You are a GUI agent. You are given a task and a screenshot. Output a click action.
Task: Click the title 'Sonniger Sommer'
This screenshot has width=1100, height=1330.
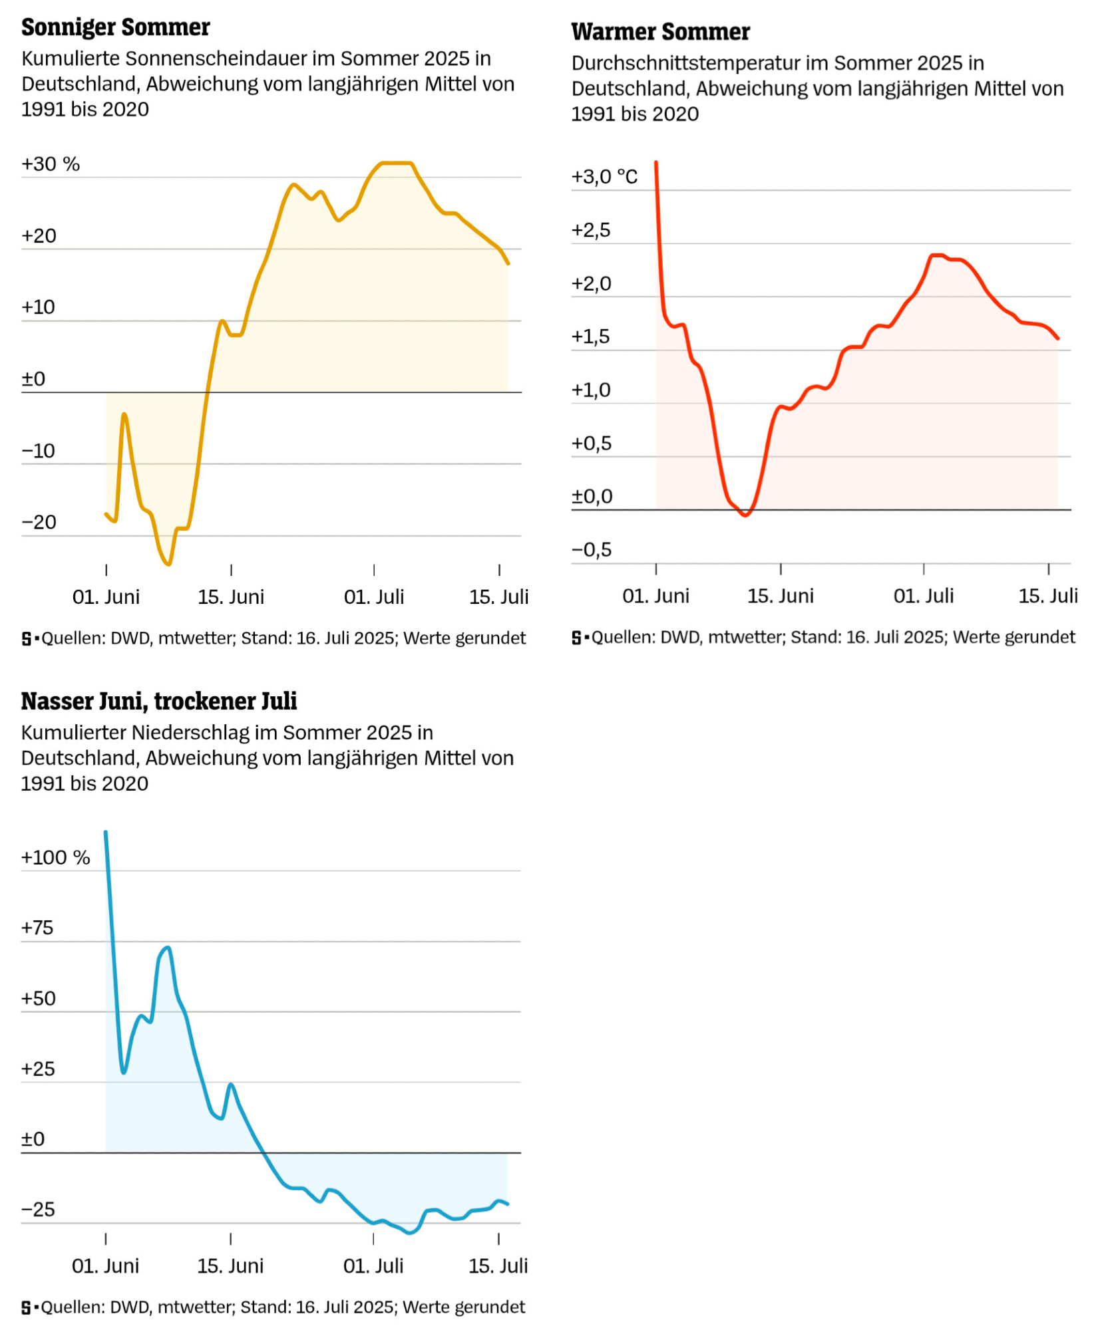[115, 27]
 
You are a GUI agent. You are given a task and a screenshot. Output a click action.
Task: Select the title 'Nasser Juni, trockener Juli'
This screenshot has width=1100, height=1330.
[158, 701]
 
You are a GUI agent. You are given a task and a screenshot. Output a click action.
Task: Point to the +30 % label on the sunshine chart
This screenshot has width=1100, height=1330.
[50, 164]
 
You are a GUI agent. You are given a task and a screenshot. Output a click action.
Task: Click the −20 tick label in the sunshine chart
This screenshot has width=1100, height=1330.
[39, 522]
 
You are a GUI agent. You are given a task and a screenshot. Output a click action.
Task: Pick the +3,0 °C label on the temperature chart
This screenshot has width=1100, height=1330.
[604, 176]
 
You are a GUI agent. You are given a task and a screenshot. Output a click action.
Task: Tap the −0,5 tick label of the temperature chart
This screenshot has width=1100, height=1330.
[591, 549]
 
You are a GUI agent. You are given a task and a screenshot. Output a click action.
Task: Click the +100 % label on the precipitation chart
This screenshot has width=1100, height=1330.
[55, 857]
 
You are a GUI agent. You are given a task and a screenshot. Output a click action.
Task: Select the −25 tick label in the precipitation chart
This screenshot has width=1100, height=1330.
[38, 1209]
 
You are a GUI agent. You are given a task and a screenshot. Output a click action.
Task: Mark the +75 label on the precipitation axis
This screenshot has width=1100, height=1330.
[37, 928]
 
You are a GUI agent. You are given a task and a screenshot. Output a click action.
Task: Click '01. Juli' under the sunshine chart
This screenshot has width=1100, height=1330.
[373, 597]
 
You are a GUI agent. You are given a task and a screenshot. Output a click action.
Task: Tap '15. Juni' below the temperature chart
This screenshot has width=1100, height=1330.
[780, 596]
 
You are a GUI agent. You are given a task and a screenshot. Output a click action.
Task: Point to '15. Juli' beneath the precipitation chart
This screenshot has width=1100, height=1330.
[498, 1265]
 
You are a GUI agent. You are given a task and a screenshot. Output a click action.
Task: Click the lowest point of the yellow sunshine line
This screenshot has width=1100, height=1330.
[169, 565]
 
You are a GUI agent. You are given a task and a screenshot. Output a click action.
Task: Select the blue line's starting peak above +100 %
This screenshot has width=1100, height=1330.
[106, 833]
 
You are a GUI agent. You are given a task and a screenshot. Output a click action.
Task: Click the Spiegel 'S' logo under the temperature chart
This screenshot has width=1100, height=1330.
[576, 638]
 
